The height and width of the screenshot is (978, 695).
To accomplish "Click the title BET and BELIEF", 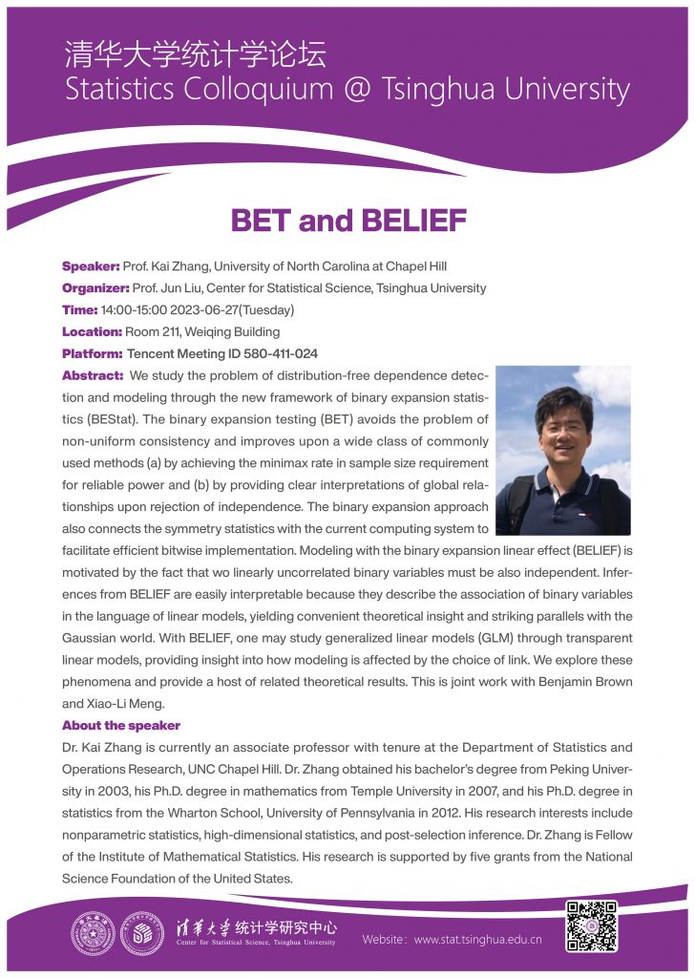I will pyautogui.click(x=347, y=222).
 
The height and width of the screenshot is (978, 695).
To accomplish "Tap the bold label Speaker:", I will pyautogui.click(x=91, y=266).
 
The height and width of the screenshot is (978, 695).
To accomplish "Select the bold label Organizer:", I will pyautogui.click(x=95, y=287).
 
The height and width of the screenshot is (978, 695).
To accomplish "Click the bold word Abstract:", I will pyautogui.click(x=93, y=375).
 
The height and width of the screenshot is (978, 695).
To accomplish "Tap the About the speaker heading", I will pyautogui.click(x=121, y=726).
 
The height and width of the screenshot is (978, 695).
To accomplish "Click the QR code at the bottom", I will pyautogui.click(x=592, y=925).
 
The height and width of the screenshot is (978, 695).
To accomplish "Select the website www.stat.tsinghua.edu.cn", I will pyautogui.click(x=478, y=939).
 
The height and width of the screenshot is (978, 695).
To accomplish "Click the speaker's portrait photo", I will pyautogui.click(x=563, y=449).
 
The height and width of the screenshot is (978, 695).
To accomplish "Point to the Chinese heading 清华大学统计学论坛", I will pyautogui.click(x=196, y=53).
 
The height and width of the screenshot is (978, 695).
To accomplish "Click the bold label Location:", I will pyautogui.click(x=93, y=331).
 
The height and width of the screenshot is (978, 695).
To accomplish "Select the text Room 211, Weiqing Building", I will pyautogui.click(x=202, y=331).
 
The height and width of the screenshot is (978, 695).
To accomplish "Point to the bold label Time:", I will pyautogui.click(x=80, y=309).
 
